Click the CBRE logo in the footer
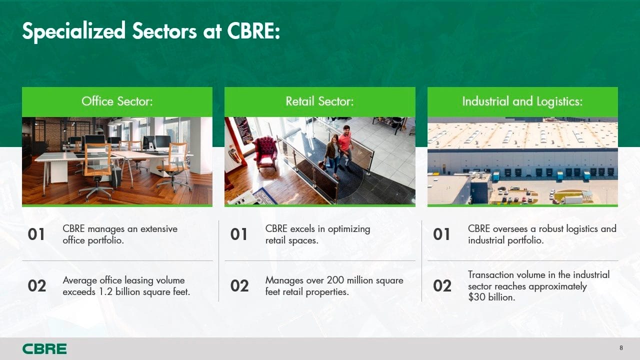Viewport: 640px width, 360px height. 44,349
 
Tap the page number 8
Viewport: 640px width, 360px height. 621,347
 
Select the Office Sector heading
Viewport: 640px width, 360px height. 117,101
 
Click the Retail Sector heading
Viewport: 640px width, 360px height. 319,101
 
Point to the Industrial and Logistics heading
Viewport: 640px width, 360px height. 522,101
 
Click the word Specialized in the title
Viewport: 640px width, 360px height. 73,31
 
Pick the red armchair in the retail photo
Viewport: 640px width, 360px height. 265,153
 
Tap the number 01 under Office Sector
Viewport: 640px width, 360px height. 36,234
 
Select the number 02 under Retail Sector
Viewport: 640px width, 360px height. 239,285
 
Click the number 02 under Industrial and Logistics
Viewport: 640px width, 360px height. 442,285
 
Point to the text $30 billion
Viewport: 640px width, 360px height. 491,297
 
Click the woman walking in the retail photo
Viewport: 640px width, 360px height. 332,155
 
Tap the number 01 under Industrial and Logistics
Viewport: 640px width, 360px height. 441,234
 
